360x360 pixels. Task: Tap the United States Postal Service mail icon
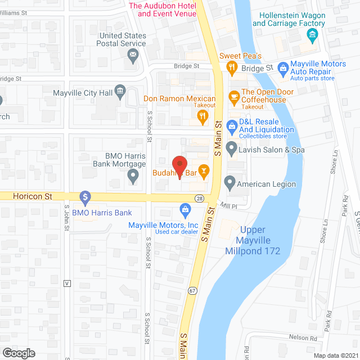point(133,55)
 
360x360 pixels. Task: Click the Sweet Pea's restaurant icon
point(231,67)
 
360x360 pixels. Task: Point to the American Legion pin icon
point(229,183)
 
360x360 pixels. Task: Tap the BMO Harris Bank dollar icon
point(85,197)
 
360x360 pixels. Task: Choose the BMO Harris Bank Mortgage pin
point(133,177)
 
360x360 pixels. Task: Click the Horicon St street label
point(33,196)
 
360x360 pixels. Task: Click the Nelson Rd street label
point(303,338)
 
